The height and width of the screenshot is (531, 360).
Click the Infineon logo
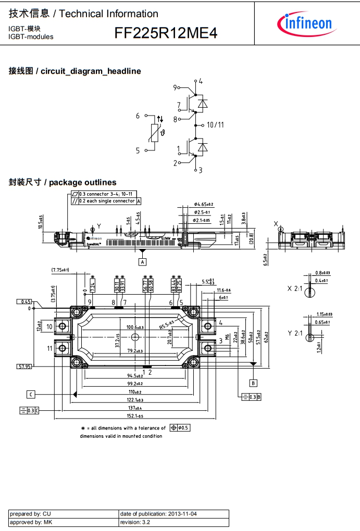[305, 22]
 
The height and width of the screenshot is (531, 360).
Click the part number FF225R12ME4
[166, 34]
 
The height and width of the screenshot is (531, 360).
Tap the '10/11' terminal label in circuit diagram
[215, 125]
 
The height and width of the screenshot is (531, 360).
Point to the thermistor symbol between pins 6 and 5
[155, 133]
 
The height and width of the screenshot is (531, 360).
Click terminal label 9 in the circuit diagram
[176, 88]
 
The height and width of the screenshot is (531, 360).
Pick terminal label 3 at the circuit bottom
[200, 170]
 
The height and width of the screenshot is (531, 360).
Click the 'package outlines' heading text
[83, 182]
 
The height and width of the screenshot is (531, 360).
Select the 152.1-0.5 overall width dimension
[135, 416]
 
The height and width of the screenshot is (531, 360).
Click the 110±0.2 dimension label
[135, 391]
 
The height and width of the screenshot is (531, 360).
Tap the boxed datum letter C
[31, 394]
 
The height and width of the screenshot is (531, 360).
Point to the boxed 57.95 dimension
[24, 366]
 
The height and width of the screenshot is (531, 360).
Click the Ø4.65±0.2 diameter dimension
[204, 205]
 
